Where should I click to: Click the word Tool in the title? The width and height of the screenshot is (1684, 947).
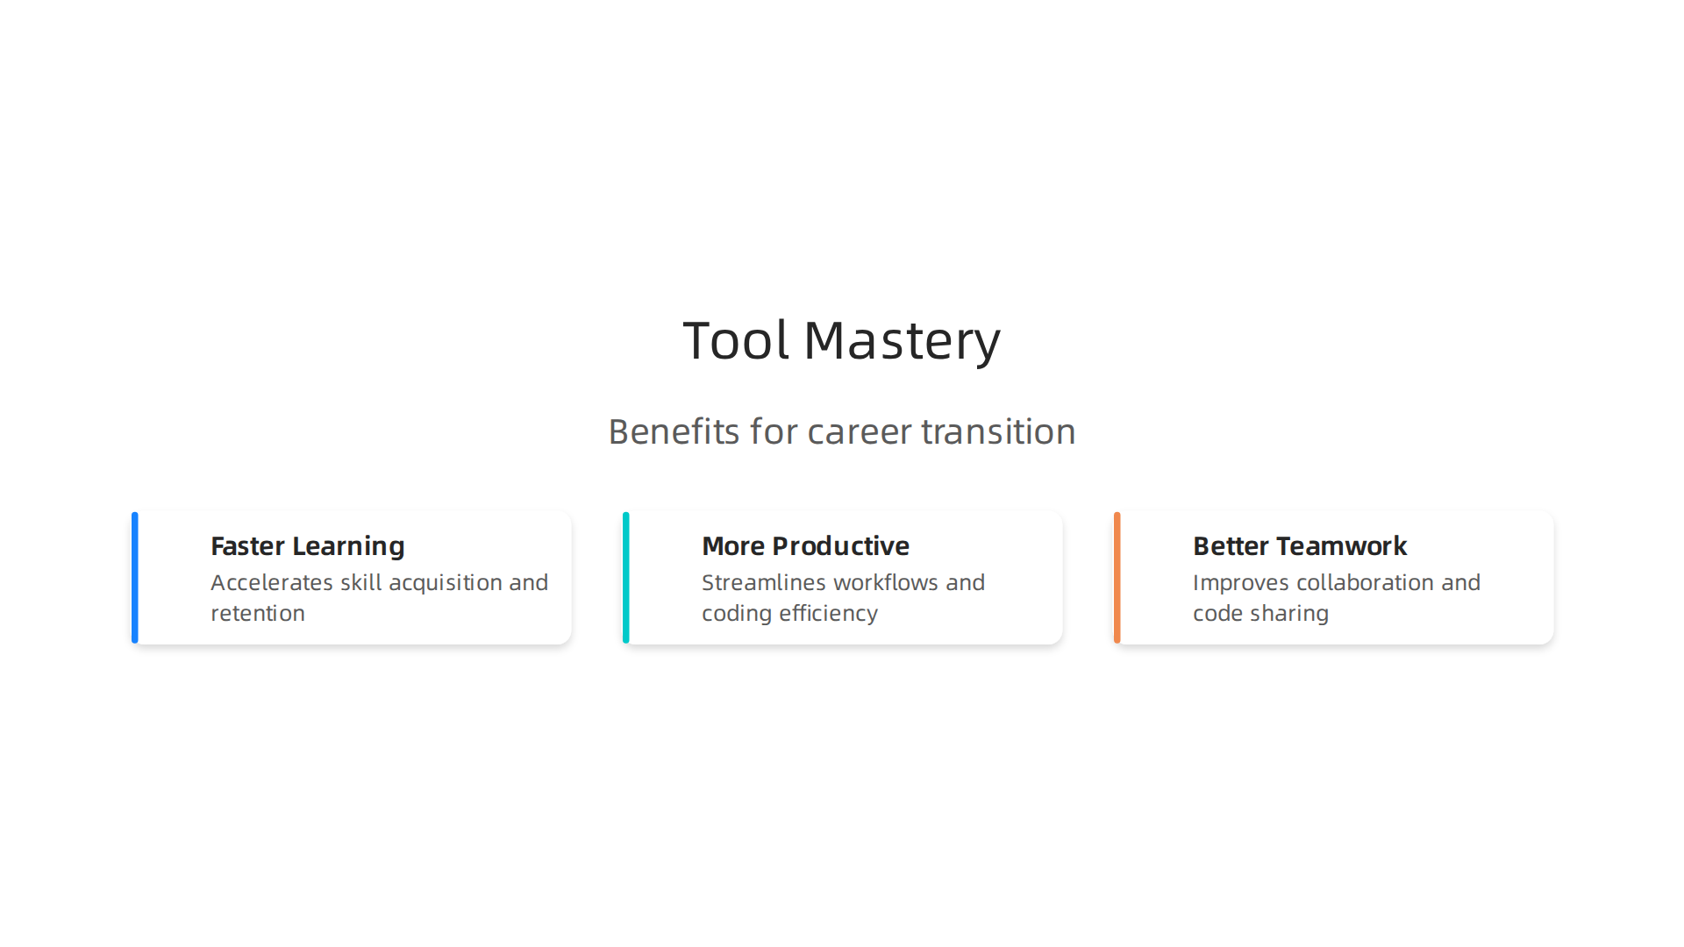coord(735,340)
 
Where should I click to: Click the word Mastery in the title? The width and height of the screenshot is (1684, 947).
coord(902,340)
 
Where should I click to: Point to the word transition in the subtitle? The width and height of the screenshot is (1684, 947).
coord(998,431)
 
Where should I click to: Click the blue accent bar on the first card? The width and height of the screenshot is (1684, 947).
coord(135,578)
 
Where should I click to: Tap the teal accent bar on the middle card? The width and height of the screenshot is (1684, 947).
coord(626,578)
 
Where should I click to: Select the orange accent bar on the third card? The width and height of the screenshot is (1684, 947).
coord(1117,578)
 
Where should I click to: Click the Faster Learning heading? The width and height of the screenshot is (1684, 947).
coord(308,546)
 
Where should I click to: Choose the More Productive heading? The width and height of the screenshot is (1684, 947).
coord(805,546)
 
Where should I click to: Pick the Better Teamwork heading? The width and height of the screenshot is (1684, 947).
coord(1300,546)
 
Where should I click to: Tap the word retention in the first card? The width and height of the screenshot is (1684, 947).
coord(258,614)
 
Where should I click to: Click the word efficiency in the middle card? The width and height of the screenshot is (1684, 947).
coord(828,614)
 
